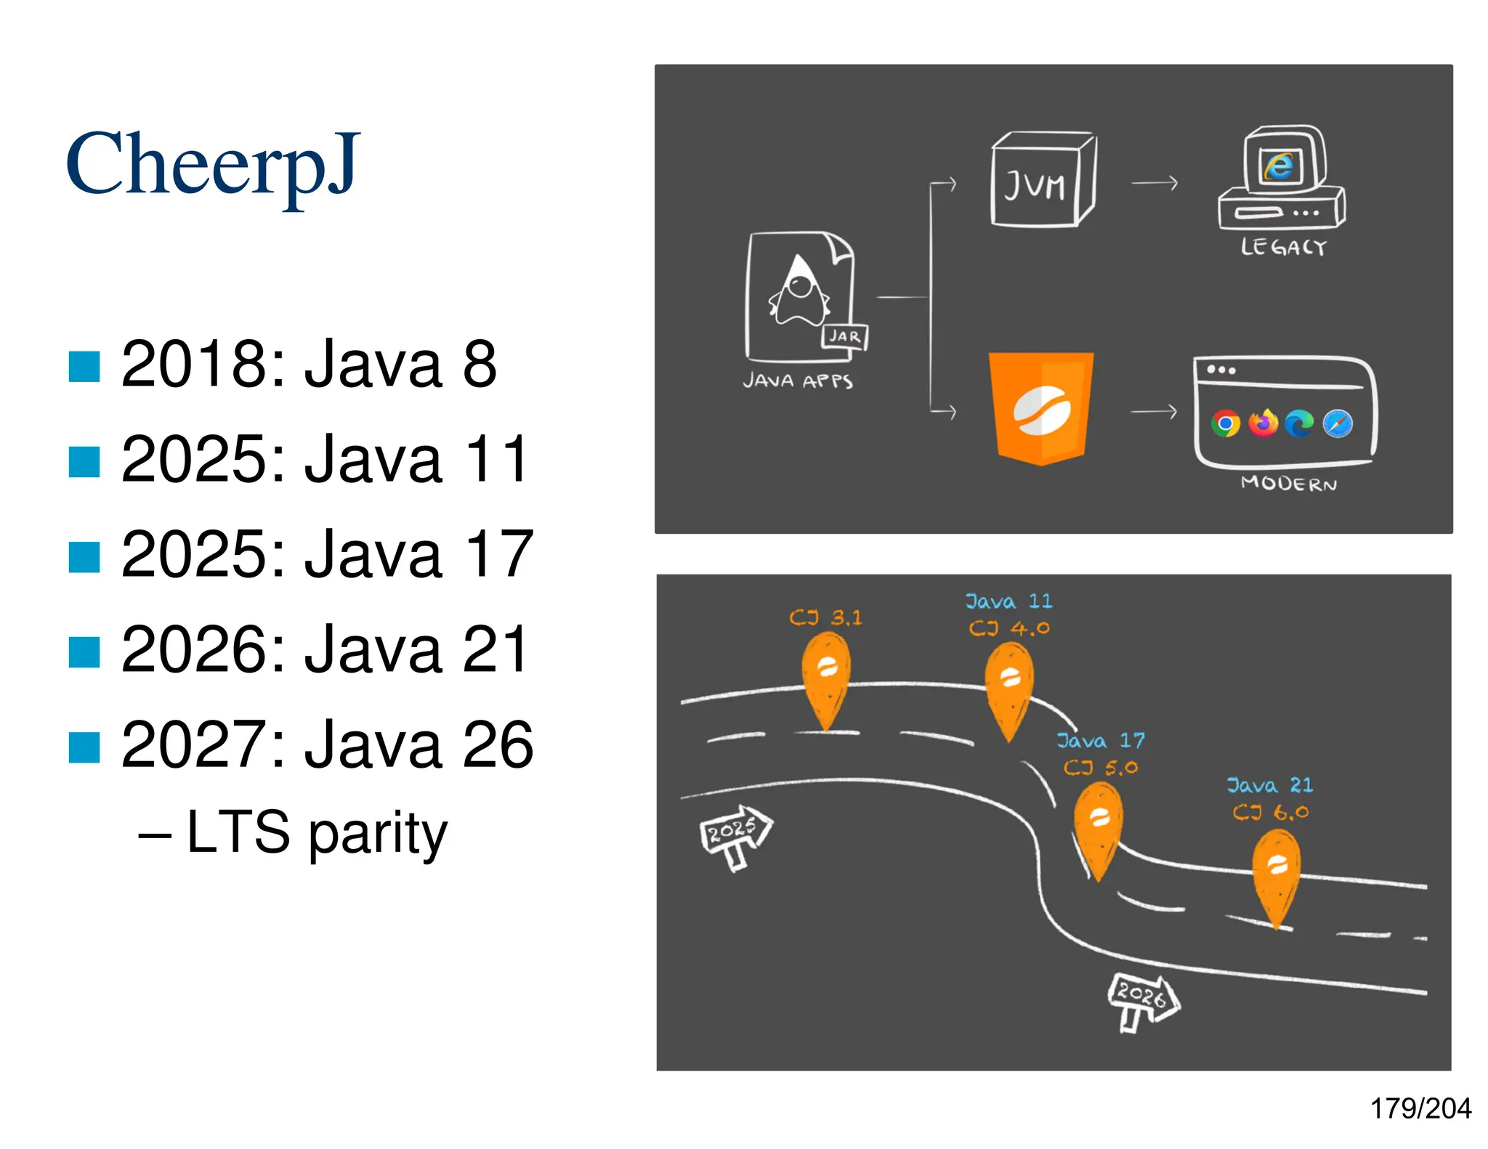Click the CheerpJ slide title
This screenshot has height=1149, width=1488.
click(x=213, y=166)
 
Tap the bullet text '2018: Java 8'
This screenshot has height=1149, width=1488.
click(x=309, y=364)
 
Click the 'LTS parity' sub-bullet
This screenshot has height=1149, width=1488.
click(x=317, y=832)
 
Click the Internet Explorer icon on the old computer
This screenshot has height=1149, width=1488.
click(x=1279, y=166)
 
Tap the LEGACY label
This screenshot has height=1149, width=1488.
click(x=1284, y=247)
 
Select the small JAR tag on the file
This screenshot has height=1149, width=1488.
click(x=845, y=336)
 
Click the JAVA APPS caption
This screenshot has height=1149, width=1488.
click(x=798, y=381)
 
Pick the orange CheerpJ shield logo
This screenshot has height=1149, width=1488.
click(x=1041, y=407)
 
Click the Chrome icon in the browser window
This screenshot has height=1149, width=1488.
click(x=1226, y=423)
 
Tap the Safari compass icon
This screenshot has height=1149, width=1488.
click(x=1338, y=423)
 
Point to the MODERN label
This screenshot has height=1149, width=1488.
click(x=1289, y=483)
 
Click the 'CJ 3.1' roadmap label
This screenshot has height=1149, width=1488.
click(x=825, y=617)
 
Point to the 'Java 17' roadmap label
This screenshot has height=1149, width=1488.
click(x=1101, y=741)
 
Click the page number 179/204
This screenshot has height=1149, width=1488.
click(x=1420, y=1108)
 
